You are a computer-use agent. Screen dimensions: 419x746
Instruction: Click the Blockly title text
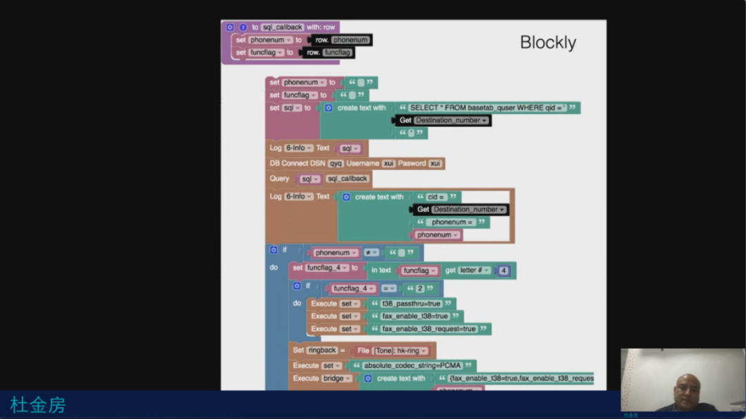pyautogui.click(x=548, y=43)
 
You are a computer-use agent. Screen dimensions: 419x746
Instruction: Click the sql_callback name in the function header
pyautogui.click(x=283, y=27)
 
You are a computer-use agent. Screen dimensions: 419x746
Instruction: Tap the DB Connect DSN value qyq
pyautogui.click(x=336, y=164)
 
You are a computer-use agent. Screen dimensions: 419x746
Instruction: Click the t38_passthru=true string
pyautogui.click(x=411, y=303)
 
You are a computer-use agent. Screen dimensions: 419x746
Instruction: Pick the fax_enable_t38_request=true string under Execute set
pyautogui.click(x=429, y=329)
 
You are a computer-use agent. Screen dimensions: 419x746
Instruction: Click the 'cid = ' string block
pyautogui.click(x=437, y=197)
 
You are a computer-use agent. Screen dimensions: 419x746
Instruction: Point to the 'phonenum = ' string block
pyautogui.click(x=452, y=222)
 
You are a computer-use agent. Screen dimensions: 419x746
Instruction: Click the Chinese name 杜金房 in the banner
pyautogui.click(x=38, y=405)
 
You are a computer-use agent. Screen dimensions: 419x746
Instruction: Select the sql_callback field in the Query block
pyautogui.click(x=347, y=179)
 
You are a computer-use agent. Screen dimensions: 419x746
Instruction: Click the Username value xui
pyautogui.click(x=389, y=164)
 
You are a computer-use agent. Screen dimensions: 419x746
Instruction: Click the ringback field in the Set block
pyautogui.click(x=323, y=351)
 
